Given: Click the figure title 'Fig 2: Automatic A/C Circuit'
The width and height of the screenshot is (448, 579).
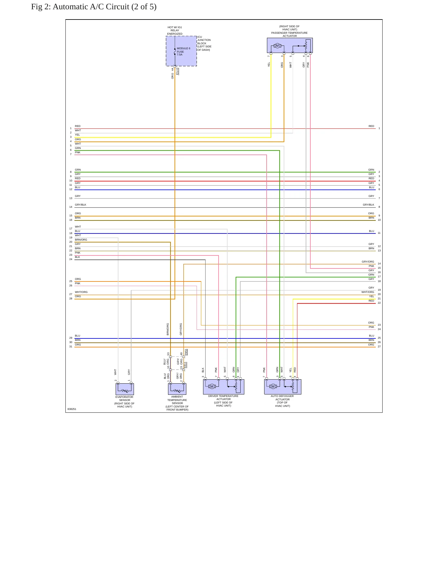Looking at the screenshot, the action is [80, 7].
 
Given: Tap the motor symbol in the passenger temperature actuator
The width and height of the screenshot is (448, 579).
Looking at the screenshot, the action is [277, 46].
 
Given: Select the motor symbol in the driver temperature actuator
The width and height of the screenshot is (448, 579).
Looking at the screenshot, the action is [212, 386].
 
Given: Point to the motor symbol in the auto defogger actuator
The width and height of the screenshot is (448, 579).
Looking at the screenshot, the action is [273, 386].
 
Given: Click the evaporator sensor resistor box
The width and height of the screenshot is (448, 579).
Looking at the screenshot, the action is [125, 389].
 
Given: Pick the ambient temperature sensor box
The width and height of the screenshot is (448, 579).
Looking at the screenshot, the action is [177, 389].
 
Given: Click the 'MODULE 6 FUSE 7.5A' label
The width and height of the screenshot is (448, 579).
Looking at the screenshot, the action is [184, 51].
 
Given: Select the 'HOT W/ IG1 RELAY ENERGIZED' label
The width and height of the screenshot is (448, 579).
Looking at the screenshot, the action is [175, 31].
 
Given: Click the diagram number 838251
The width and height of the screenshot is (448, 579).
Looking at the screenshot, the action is [72, 409].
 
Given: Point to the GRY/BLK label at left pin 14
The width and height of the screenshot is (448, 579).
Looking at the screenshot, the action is [81, 205].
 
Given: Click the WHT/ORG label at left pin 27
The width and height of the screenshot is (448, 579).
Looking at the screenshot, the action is [81, 292].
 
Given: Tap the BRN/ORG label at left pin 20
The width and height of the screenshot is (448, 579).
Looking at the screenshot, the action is [81, 240].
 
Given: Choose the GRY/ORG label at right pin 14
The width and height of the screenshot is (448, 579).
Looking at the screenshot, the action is [368, 262].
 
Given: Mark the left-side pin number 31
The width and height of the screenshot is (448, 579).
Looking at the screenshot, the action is [71, 346].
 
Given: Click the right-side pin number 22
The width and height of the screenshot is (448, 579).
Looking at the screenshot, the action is [379, 303].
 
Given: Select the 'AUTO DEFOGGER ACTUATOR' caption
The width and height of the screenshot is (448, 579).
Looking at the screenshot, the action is [282, 398].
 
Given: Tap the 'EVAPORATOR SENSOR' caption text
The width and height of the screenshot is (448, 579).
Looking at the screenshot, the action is [124, 398].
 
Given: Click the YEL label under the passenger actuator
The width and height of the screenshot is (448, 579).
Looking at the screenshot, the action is [269, 65].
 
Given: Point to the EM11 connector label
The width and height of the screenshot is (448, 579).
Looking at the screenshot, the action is [186, 352].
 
